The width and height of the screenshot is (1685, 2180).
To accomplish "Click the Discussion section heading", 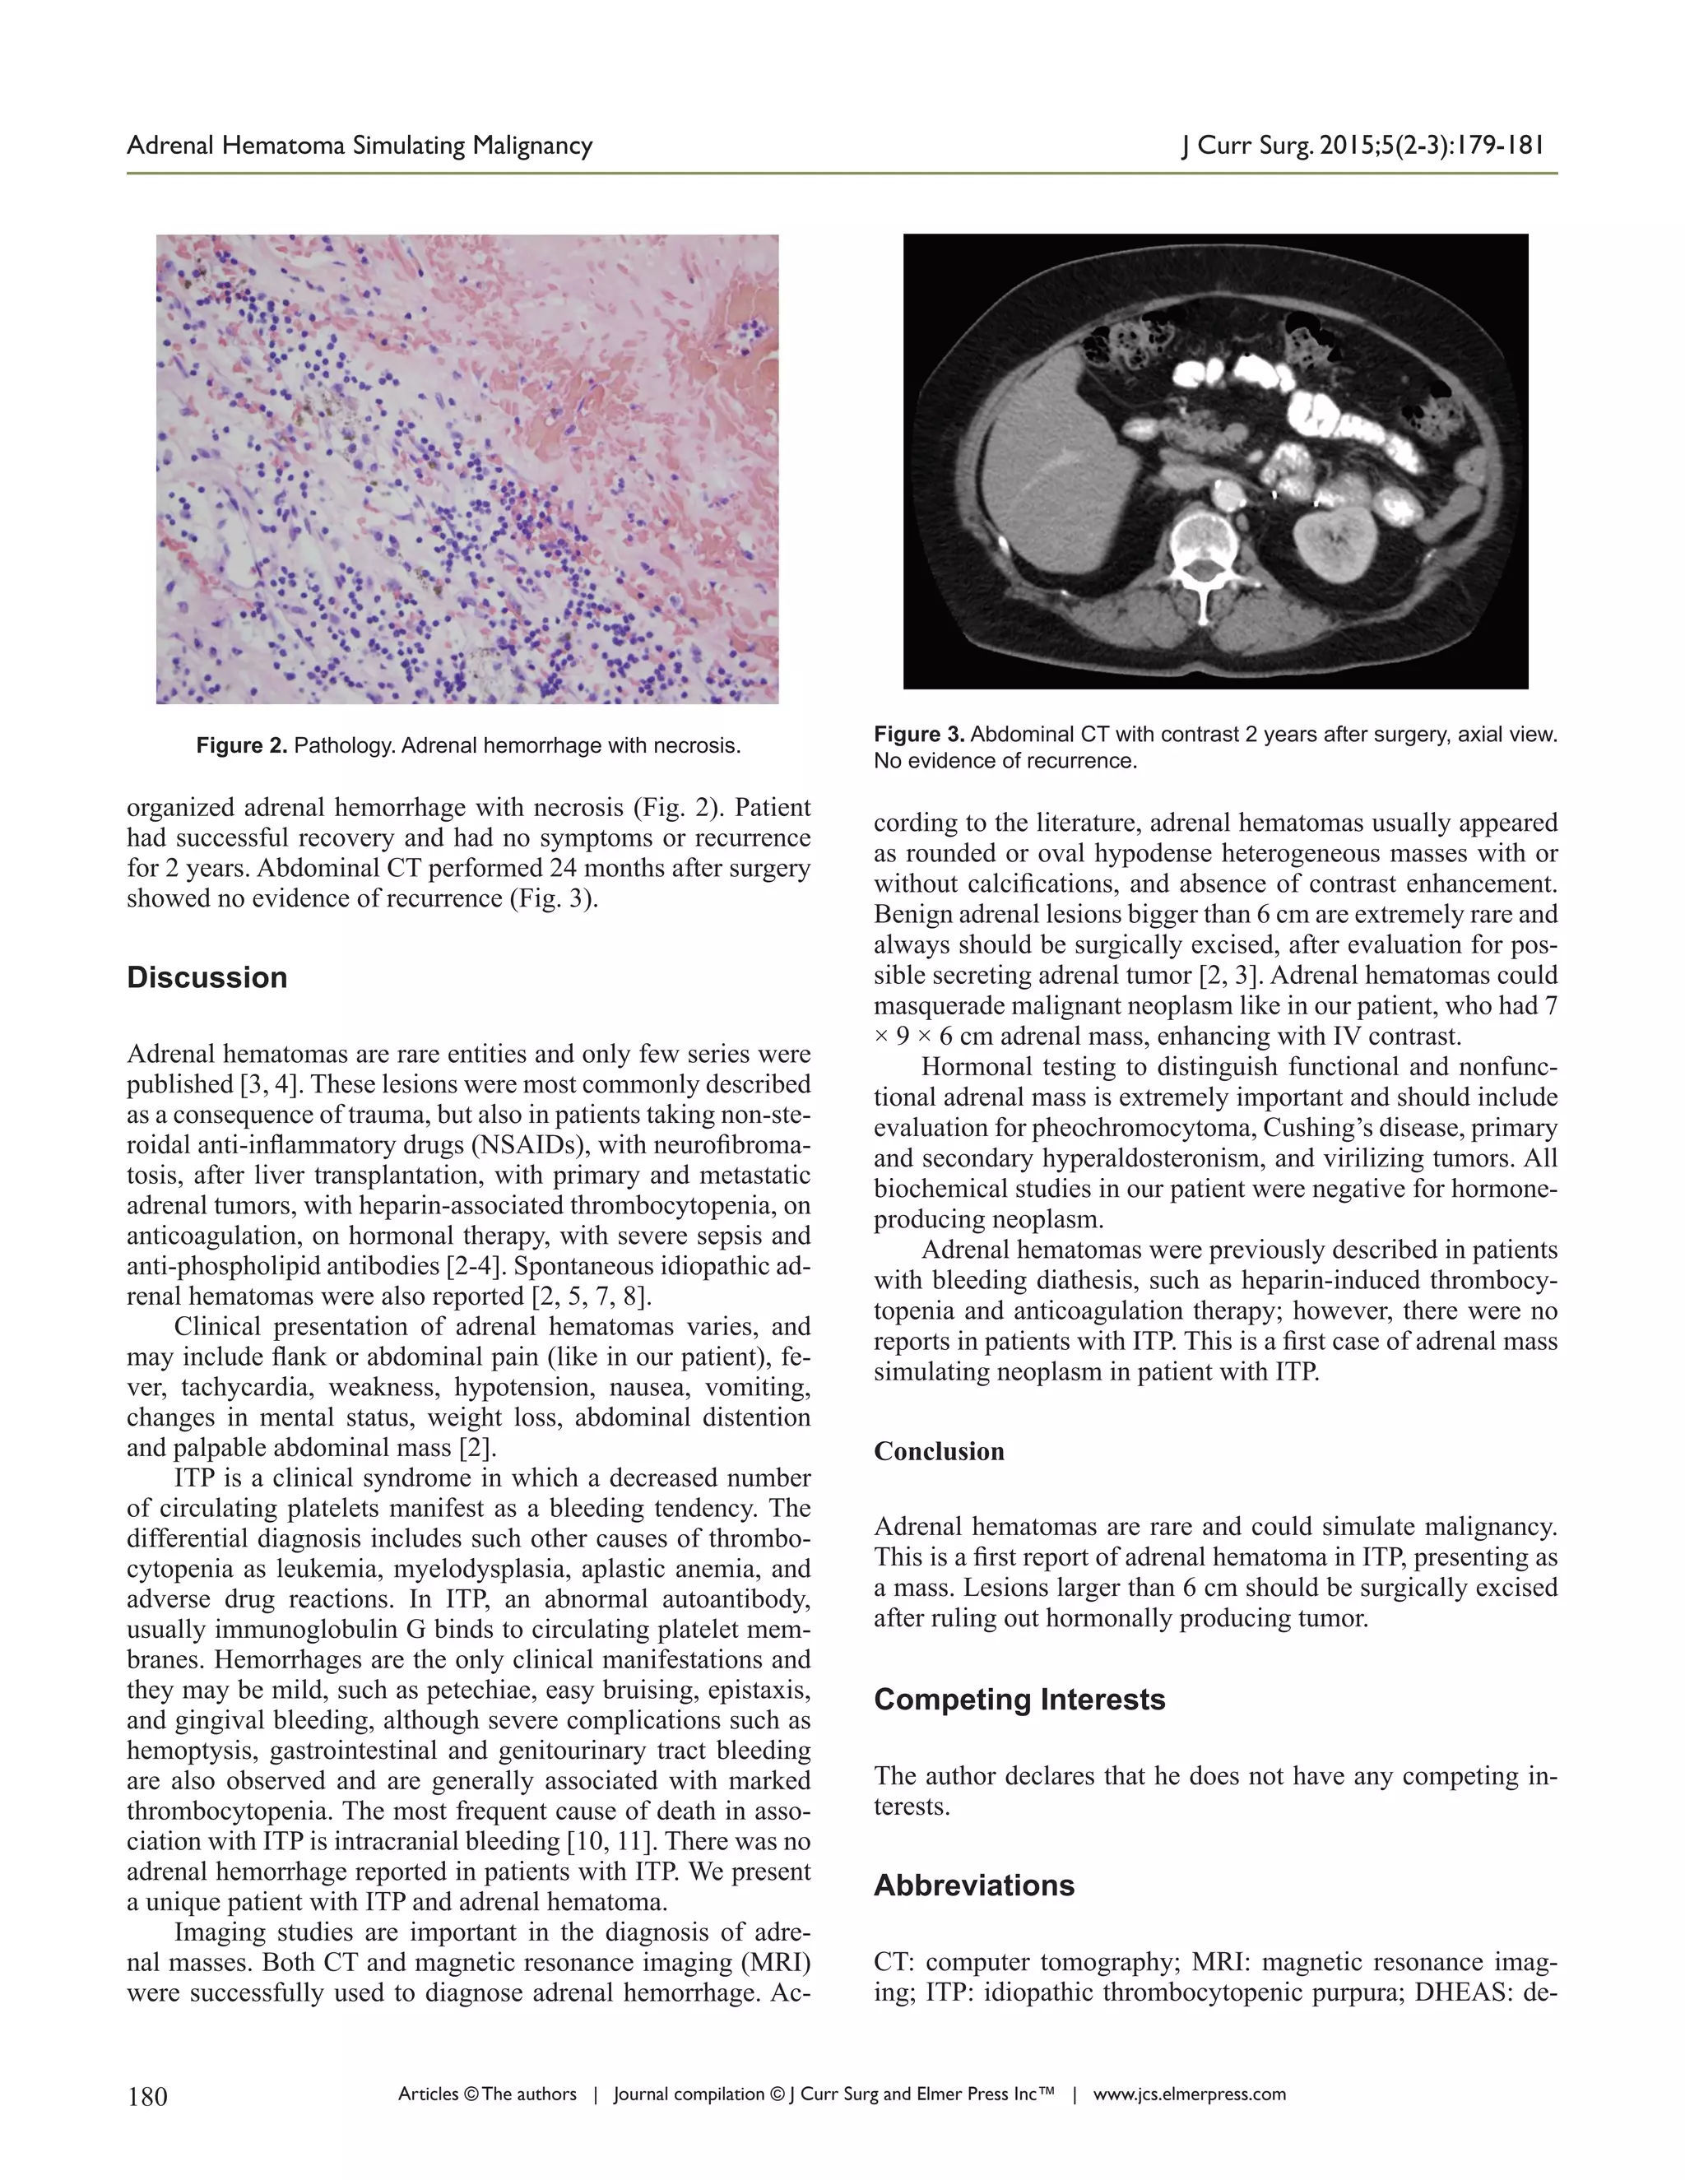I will [x=207, y=977].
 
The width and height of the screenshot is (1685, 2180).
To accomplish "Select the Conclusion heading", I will [x=938, y=1451].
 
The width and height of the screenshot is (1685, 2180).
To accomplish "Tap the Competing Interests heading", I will [x=1019, y=1700].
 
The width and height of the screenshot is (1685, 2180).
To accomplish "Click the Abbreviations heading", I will [x=973, y=1885].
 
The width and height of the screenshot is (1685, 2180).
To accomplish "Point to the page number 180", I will [x=148, y=2096].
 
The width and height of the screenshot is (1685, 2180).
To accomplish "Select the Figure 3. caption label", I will [x=918, y=735].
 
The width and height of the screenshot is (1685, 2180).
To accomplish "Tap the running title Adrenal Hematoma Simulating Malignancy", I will [x=360, y=146].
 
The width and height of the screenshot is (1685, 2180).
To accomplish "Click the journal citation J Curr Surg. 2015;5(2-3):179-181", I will [x=1362, y=146].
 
